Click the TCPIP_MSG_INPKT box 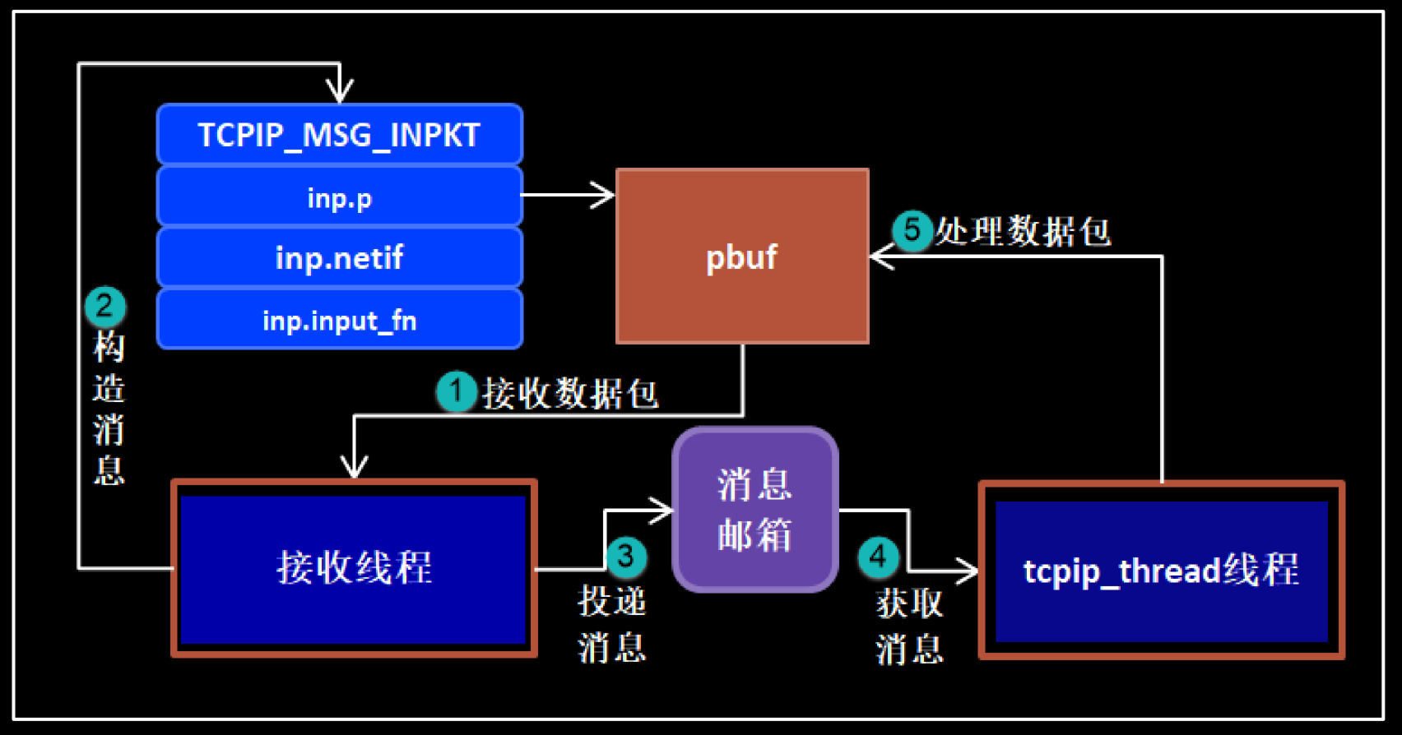[339, 135]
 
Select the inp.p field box [339, 197]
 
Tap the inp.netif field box [339, 258]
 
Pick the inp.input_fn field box [339, 320]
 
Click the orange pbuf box [742, 257]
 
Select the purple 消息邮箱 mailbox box [754, 510]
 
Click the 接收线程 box [354, 568]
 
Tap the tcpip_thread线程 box [1161, 571]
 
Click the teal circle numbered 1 [456, 391]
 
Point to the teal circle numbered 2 [104, 307]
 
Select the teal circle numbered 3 [625, 557]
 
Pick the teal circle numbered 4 [878, 557]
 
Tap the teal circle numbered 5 [912, 229]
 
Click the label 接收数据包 [570, 394]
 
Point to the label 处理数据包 [1023, 232]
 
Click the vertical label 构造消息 [109, 409]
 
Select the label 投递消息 [612, 624]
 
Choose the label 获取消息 [909, 626]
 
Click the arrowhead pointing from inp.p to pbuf [605, 196]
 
